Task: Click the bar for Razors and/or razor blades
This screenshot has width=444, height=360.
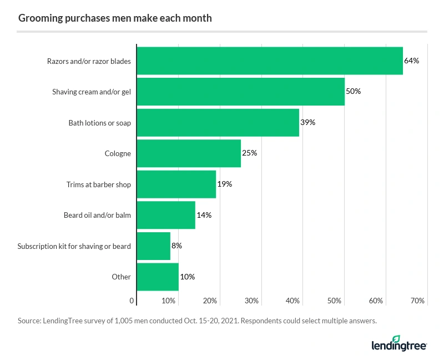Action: pos(269,61)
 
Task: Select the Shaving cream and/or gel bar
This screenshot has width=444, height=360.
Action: pos(240,92)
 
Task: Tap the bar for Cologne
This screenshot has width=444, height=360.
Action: pos(189,153)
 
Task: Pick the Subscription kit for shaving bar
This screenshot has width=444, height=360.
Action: pos(153,246)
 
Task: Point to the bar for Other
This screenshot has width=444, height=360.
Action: pos(158,277)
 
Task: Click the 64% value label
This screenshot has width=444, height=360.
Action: pos(411,61)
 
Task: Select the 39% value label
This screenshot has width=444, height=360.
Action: pos(307,122)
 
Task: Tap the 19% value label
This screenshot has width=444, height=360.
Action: pos(224,184)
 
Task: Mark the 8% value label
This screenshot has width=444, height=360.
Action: pos(176,246)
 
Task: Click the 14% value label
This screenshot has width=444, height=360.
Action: pos(204,215)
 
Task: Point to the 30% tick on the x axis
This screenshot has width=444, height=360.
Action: pos(251,301)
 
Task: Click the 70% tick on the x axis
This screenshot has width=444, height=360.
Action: pos(418,301)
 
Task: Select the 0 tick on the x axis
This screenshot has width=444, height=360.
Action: pos(132,301)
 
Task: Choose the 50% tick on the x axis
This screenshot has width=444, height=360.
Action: pos(335,301)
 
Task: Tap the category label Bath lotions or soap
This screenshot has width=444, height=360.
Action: pos(99,123)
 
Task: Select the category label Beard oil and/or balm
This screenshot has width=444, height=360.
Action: pos(97,215)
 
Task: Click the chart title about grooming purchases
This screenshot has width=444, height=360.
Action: pos(115,18)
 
